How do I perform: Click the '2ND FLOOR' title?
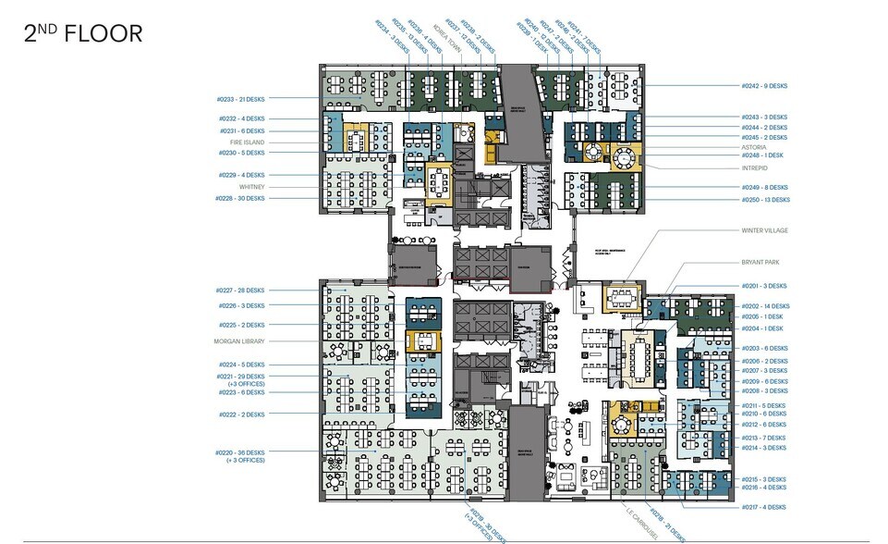pos(83,34)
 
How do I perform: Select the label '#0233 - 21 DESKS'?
pos(240,98)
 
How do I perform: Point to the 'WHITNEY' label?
pos(251,187)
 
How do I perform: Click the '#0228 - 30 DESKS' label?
pos(240,198)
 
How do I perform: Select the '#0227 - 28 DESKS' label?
pos(240,291)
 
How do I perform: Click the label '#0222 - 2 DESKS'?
pos(242,414)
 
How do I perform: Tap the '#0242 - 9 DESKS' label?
pos(764,86)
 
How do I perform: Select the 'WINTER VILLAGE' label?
pos(764,230)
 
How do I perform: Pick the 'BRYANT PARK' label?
pos(760,263)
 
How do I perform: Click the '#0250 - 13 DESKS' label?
pos(765,199)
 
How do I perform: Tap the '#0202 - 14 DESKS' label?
pos(765,305)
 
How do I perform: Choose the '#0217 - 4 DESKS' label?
pos(763,507)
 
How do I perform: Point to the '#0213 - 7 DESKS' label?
pos(763,437)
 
